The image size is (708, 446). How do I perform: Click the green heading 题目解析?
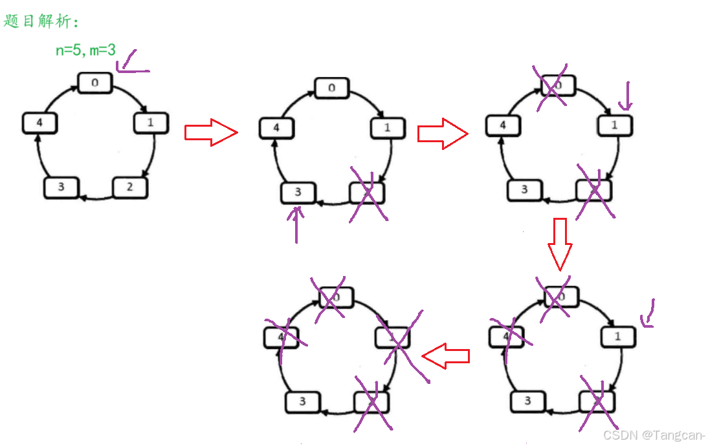(40, 21)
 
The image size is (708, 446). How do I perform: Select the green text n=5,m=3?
(85, 50)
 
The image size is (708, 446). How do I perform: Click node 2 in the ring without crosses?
(130, 187)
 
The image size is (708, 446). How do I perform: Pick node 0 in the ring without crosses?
(95, 83)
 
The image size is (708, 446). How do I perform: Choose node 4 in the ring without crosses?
(39, 123)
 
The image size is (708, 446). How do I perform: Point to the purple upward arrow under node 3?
(296, 223)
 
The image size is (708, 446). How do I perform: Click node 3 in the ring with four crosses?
(303, 401)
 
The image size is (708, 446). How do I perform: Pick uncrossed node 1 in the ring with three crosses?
(618, 336)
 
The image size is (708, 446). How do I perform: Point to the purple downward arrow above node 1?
(626, 96)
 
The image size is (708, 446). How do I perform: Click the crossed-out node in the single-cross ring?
(367, 193)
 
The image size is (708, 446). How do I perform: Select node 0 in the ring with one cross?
(332, 88)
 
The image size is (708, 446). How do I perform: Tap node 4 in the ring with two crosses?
(503, 125)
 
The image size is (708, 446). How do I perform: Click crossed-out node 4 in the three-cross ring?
(510, 336)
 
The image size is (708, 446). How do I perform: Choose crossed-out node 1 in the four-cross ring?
(393, 337)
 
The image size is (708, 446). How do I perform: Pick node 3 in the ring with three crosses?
(527, 401)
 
